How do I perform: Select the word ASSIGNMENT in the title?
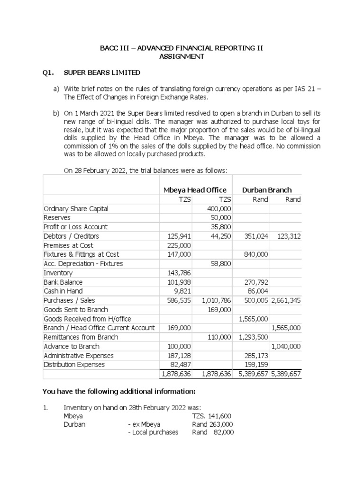coord(182,56)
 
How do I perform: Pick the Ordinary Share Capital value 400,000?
coord(219,208)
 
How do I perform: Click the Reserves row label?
coord(57,217)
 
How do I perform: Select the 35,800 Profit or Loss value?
coord(221,227)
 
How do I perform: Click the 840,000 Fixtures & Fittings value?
coord(256,254)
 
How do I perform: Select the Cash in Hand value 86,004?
coord(258,291)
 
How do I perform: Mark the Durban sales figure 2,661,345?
coord(286,300)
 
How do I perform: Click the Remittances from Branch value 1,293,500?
coord(253,337)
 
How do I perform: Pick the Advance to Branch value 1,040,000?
coord(286,346)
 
